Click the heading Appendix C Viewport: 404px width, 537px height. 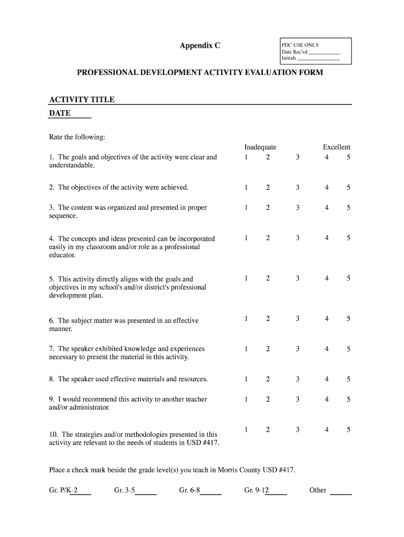point(200,46)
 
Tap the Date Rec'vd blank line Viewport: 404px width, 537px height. point(324,53)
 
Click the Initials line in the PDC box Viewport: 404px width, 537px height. point(318,59)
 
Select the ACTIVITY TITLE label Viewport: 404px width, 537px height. point(81,100)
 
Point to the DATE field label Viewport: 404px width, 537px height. point(59,113)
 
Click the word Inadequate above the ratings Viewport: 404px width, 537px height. point(260,147)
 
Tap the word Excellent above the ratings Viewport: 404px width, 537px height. point(336,147)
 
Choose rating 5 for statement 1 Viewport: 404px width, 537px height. point(348,157)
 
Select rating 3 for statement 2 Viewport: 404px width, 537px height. point(297,187)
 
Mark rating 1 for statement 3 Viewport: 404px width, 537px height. point(246,208)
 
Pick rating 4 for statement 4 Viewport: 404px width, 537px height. point(326,238)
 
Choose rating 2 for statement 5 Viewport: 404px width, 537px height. point(268,278)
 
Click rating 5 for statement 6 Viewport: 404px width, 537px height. point(348,318)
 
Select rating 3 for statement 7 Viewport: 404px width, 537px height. point(297,349)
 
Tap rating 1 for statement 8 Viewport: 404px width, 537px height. point(246,379)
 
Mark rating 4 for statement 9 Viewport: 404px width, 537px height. point(326,399)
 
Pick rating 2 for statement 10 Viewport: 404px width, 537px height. point(268,429)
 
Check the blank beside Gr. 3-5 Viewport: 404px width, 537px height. point(146,491)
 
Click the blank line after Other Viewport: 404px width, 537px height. point(341,491)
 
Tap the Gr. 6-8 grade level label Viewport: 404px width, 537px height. point(189,490)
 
